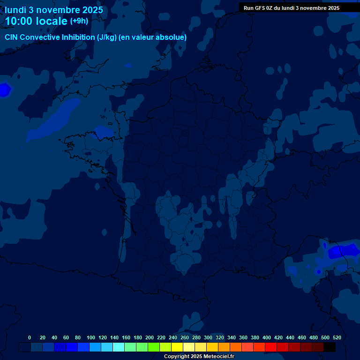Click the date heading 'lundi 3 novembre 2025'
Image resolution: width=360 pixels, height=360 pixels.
(54, 10)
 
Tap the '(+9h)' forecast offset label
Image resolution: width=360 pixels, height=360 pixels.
(79, 21)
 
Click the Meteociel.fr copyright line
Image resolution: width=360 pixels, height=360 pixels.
(199, 356)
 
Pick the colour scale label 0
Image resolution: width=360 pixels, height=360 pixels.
(30, 337)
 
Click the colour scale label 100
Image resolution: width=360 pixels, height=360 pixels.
(91, 337)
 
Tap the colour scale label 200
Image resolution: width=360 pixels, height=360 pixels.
(150, 337)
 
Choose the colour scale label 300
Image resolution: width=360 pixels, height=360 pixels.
(208, 337)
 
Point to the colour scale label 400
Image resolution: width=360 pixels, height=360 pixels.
(267, 337)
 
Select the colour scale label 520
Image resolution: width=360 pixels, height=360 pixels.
(337, 337)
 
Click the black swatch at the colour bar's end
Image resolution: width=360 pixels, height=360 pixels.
(330, 347)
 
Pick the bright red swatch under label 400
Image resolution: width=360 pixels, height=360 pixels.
(271, 347)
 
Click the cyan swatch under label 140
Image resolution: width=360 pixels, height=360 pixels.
(119, 347)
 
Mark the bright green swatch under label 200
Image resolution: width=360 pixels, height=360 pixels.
(154, 347)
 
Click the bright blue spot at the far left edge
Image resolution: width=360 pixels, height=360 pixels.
(4, 90)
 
